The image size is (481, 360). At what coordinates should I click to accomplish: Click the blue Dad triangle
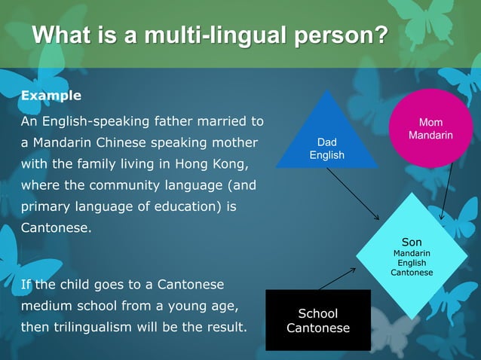coord(326,139)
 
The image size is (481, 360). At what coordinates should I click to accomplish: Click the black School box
coord(317,320)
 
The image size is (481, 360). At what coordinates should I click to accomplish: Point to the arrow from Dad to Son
coord(353,194)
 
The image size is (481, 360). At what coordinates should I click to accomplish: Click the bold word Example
coord(51,96)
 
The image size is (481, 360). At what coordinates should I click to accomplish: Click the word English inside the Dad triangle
coord(326,155)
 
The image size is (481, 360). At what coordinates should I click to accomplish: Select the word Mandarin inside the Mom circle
coord(430,136)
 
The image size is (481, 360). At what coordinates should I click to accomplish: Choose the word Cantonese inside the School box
coord(317,328)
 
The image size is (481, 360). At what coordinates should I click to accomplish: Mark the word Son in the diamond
coord(412,242)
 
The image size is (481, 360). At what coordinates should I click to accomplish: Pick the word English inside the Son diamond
coord(412,263)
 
